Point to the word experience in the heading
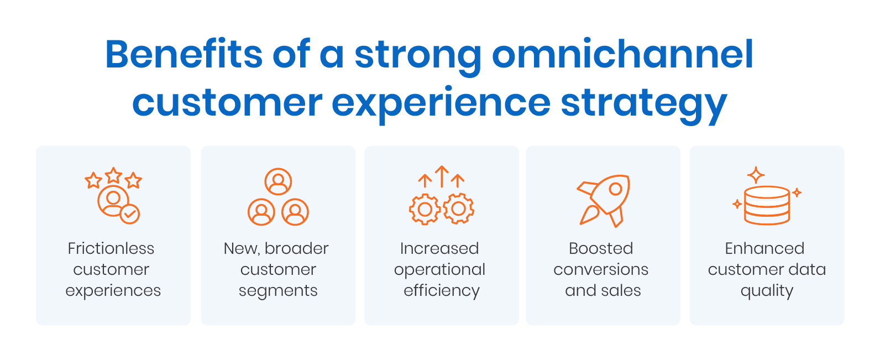point(441,103)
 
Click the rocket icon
point(604,201)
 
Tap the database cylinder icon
point(767,205)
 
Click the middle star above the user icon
point(113,175)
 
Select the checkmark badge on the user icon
point(130,213)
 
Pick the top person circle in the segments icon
point(278,181)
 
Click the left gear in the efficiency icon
point(425,209)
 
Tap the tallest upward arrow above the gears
point(441,176)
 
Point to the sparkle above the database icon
point(756,175)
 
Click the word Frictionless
point(111,249)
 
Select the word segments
point(278,291)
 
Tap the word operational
point(439,270)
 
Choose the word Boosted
point(601,249)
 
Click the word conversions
point(601,270)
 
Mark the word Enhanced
point(764,249)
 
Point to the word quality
point(767,291)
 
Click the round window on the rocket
point(615,189)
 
